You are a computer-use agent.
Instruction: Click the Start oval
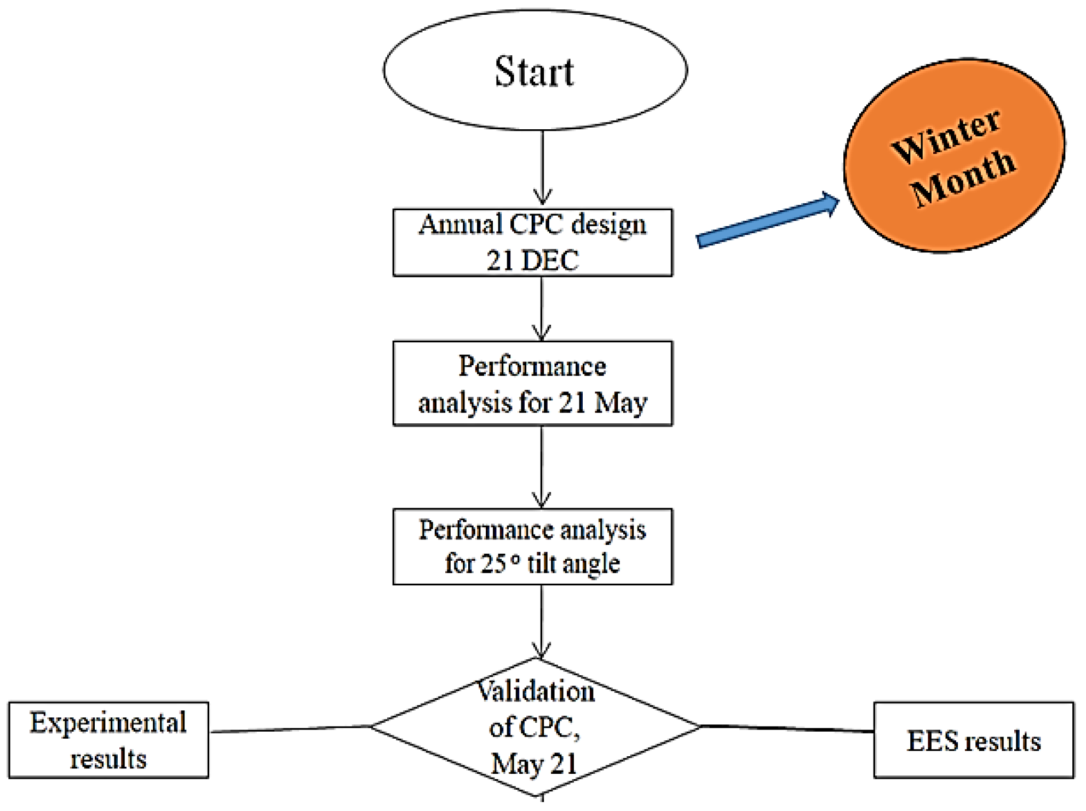535,70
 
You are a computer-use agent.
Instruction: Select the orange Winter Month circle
954,156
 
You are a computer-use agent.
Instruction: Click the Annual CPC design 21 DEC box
533,243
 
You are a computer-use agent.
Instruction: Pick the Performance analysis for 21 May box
533,383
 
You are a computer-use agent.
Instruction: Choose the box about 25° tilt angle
533,547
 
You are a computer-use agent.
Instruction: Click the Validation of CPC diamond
536,727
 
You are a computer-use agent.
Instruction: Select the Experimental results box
108,740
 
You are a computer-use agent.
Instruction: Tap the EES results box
974,740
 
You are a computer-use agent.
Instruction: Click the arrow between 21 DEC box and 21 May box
542,309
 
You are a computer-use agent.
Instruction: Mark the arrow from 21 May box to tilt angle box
542,467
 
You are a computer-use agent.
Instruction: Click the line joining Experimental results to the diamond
290,729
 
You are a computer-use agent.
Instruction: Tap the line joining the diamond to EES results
788,729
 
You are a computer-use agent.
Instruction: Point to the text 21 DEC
533,260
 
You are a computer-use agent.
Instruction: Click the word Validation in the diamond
536,691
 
